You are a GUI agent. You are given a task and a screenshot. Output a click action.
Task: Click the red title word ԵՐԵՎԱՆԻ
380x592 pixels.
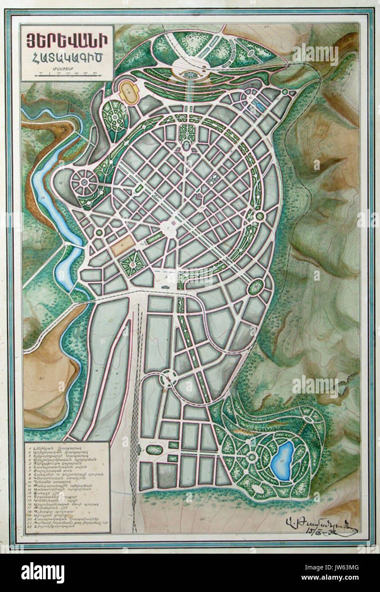pyautogui.click(x=67, y=41)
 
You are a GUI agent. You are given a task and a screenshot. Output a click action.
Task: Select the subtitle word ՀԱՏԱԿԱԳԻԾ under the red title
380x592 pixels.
pyautogui.click(x=67, y=57)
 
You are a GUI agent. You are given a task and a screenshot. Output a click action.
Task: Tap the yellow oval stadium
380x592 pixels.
pyautogui.click(x=126, y=90)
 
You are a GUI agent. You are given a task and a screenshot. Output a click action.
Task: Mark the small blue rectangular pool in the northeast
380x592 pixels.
pyautogui.click(x=258, y=103)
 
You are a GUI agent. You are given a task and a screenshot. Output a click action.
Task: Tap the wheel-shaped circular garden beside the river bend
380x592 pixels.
pyautogui.click(x=84, y=183)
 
